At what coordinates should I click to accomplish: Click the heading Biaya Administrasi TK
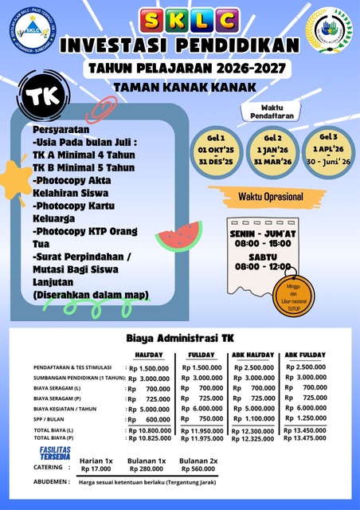pyautogui.click(x=180, y=337)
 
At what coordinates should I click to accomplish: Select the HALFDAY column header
pyautogui.click(x=149, y=355)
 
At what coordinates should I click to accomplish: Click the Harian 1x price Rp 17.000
pyautogui.click(x=97, y=470)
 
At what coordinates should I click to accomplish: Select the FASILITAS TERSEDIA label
pyautogui.click(x=55, y=453)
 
